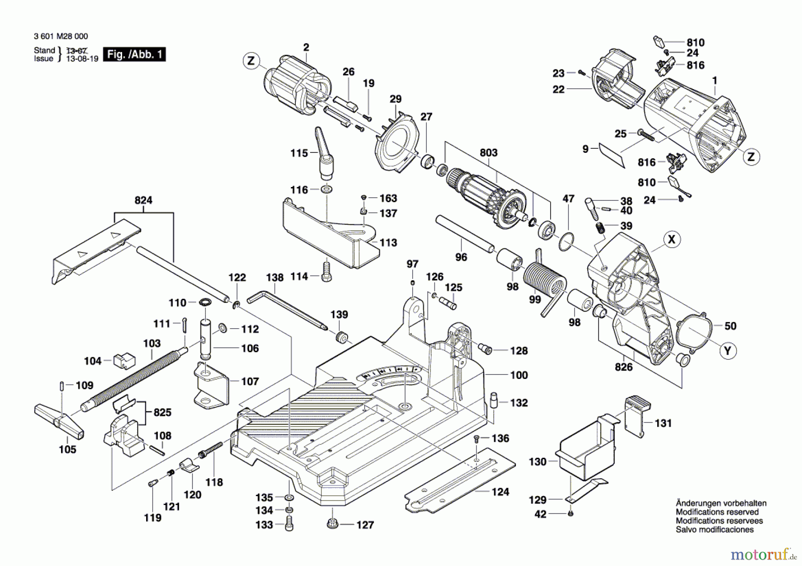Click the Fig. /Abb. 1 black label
click(134, 54)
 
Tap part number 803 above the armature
click(488, 153)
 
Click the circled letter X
click(671, 240)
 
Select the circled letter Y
click(728, 351)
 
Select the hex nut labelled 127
click(332, 524)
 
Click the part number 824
click(143, 200)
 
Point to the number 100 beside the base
click(519, 375)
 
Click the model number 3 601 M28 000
click(61, 37)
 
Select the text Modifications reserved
click(717, 512)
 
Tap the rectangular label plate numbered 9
click(612, 155)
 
